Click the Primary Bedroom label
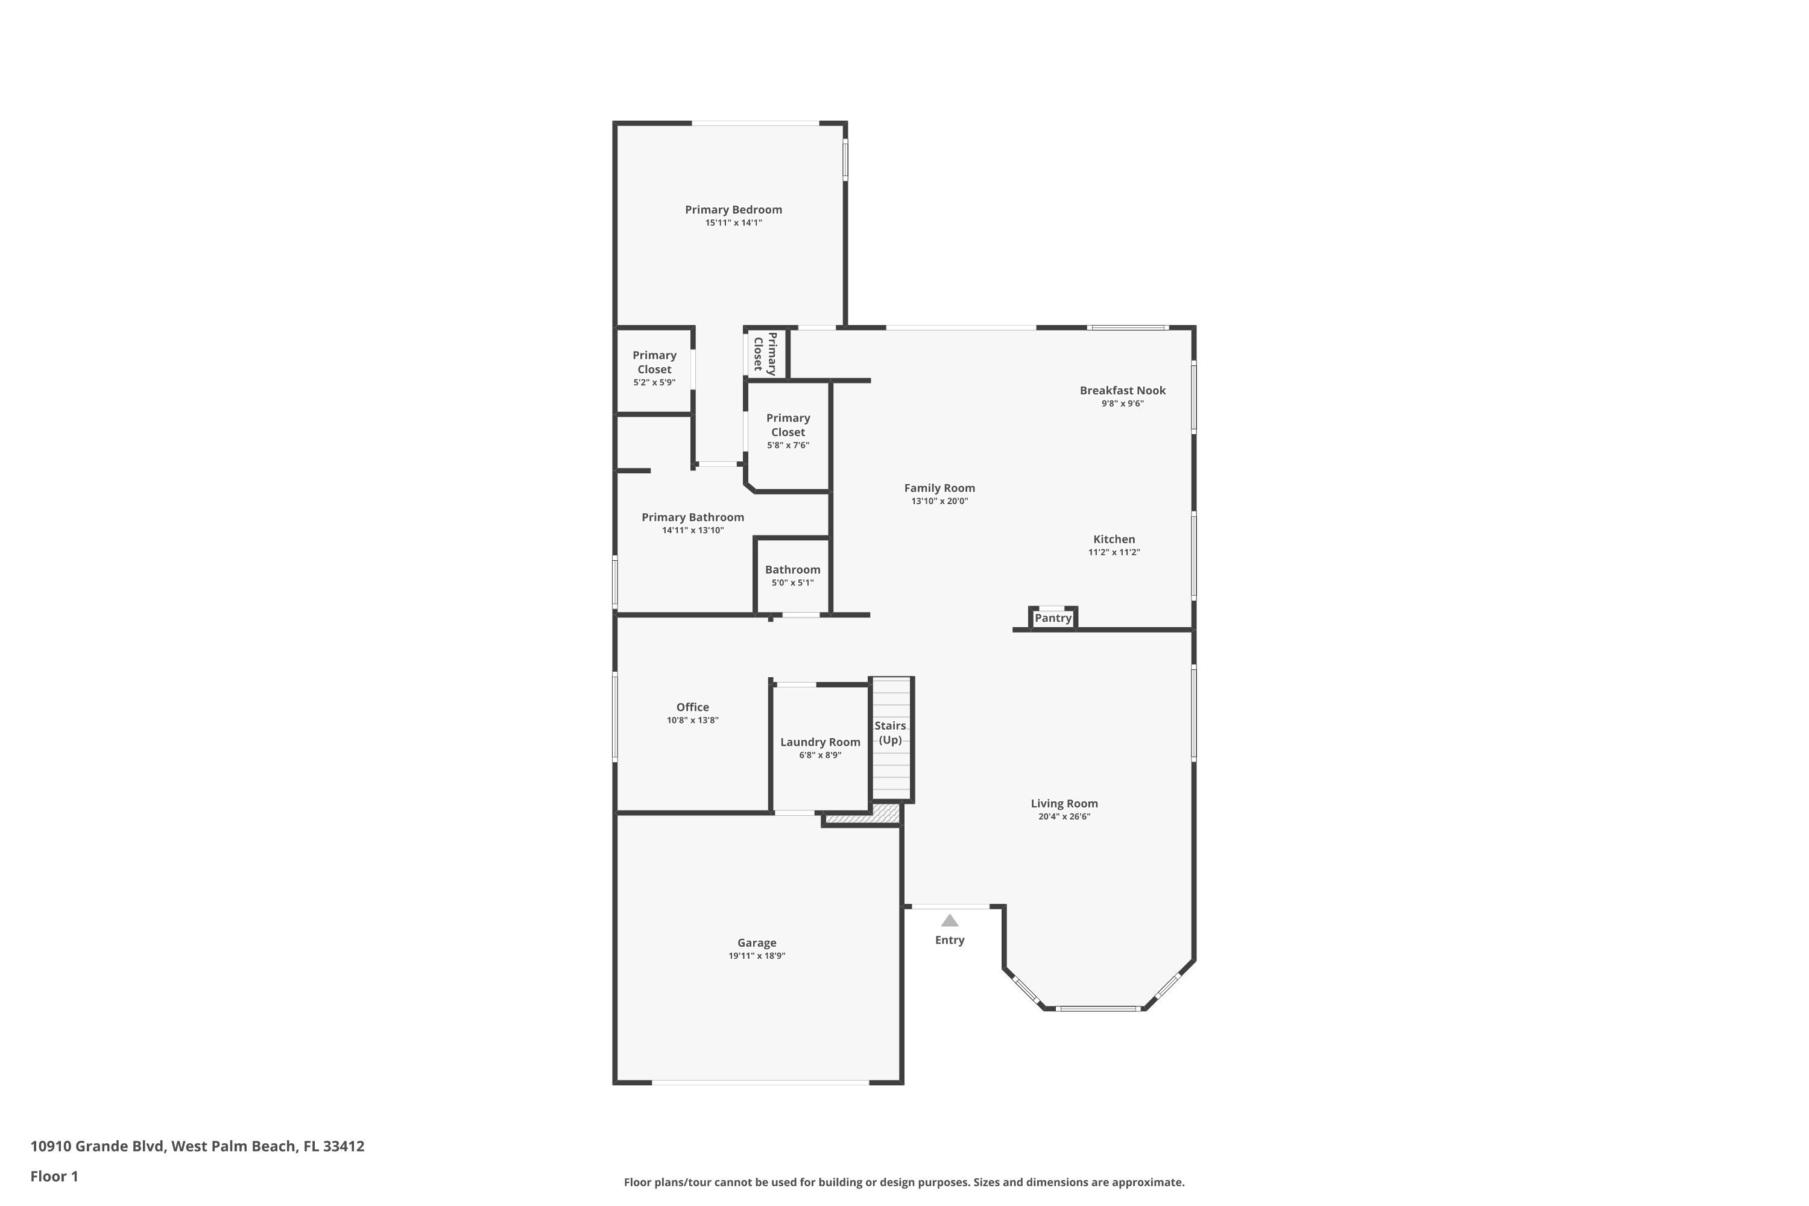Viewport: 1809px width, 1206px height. pyautogui.click(x=733, y=209)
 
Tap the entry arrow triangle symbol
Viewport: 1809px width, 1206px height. pyautogui.click(x=950, y=921)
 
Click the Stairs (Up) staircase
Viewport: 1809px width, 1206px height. pyautogui.click(x=891, y=738)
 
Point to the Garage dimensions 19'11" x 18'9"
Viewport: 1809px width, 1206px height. pyautogui.click(x=757, y=956)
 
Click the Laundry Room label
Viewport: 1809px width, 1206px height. pyautogui.click(x=820, y=742)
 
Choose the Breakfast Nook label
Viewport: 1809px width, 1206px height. pyautogui.click(x=1122, y=391)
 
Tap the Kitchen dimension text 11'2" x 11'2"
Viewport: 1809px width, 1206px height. pyautogui.click(x=1114, y=552)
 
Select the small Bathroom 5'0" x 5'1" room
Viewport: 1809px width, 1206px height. pyautogui.click(x=792, y=576)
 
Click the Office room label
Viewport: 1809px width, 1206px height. pyautogui.click(x=692, y=707)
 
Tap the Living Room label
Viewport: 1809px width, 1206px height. pyautogui.click(x=1064, y=804)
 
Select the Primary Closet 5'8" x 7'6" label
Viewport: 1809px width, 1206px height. pyautogui.click(x=788, y=425)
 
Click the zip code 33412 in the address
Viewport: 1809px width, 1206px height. pyautogui.click(x=343, y=1146)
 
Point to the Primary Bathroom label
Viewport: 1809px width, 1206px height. pyautogui.click(x=692, y=517)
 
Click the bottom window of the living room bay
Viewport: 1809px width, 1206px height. pyautogui.click(x=1097, y=1008)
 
